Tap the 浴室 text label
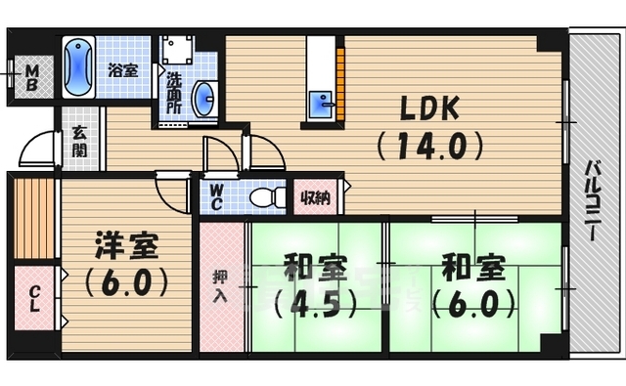122,70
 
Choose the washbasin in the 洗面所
203,98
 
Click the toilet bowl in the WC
264,197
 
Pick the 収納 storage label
315,197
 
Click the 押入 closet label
220,284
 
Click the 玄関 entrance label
79,143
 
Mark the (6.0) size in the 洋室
127,283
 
